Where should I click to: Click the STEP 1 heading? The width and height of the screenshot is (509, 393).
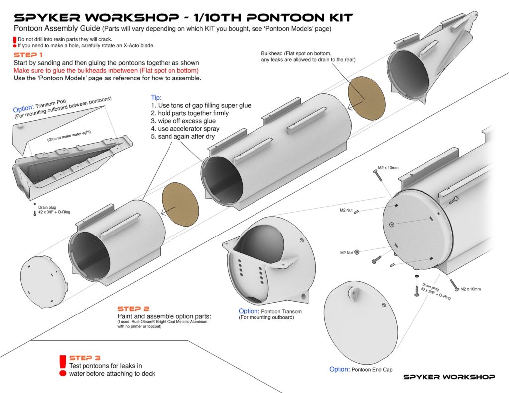[28, 55]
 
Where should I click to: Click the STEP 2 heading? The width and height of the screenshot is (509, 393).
[133, 309]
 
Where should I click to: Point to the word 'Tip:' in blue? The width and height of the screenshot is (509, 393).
[156, 98]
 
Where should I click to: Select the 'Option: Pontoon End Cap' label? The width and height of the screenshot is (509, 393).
[360, 370]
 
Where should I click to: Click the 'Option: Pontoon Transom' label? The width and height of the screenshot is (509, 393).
[270, 312]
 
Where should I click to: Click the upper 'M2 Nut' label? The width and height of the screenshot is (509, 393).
[347, 211]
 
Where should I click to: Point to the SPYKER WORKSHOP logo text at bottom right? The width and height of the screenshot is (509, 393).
[449, 377]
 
